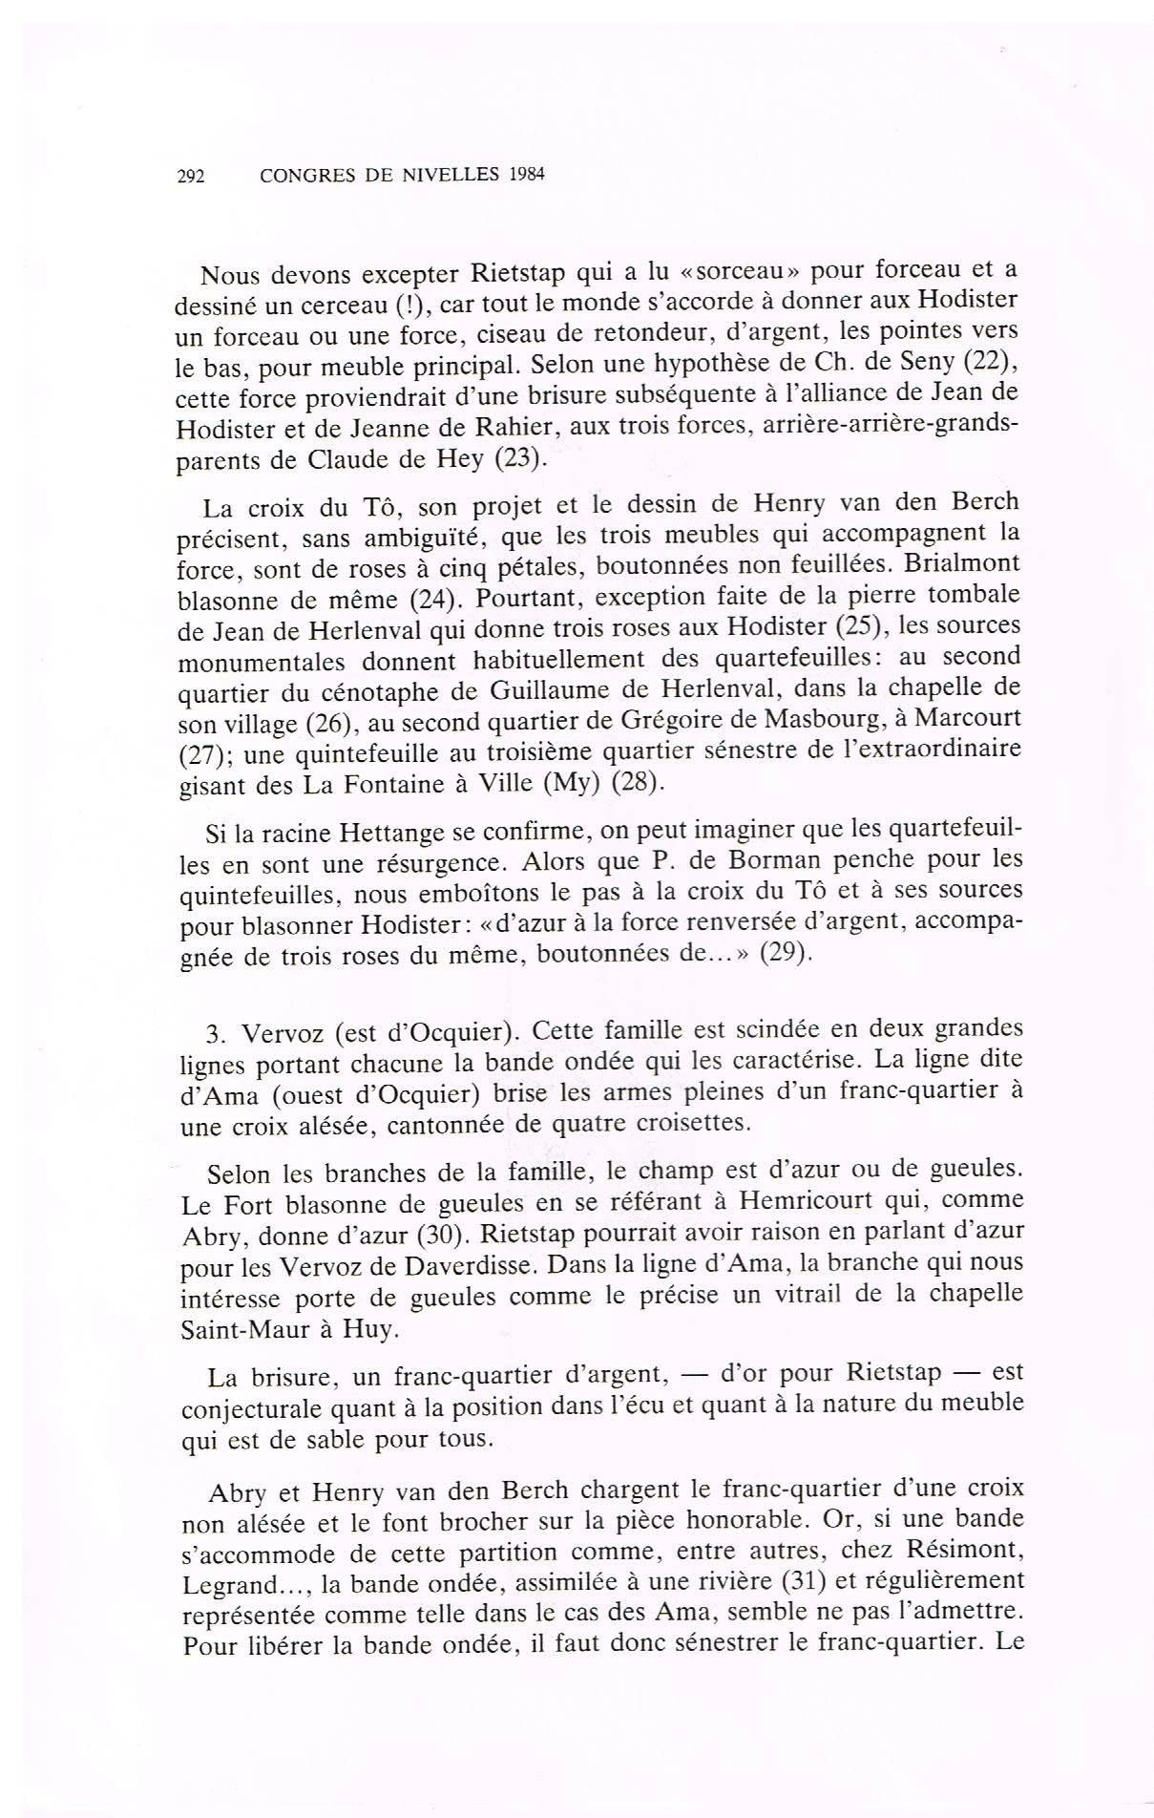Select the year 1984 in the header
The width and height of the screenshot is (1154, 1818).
pos(526,176)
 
